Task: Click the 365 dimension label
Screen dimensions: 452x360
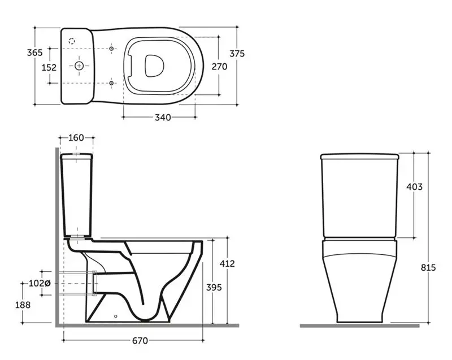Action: tap(34, 53)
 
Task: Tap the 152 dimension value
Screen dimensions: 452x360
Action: tap(49, 67)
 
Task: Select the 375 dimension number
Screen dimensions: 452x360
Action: tap(237, 54)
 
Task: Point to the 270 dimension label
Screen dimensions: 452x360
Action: tap(219, 67)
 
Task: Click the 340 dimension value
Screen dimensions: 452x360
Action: tap(163, 118)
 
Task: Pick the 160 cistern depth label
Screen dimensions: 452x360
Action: tap(76, 138)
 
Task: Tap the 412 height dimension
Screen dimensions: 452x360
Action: tap(227, 263)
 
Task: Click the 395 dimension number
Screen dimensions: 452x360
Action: tap(214, 287)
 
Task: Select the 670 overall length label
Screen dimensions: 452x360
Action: tap(140, 341)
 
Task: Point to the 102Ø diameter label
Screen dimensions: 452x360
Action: tap(40, 283)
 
